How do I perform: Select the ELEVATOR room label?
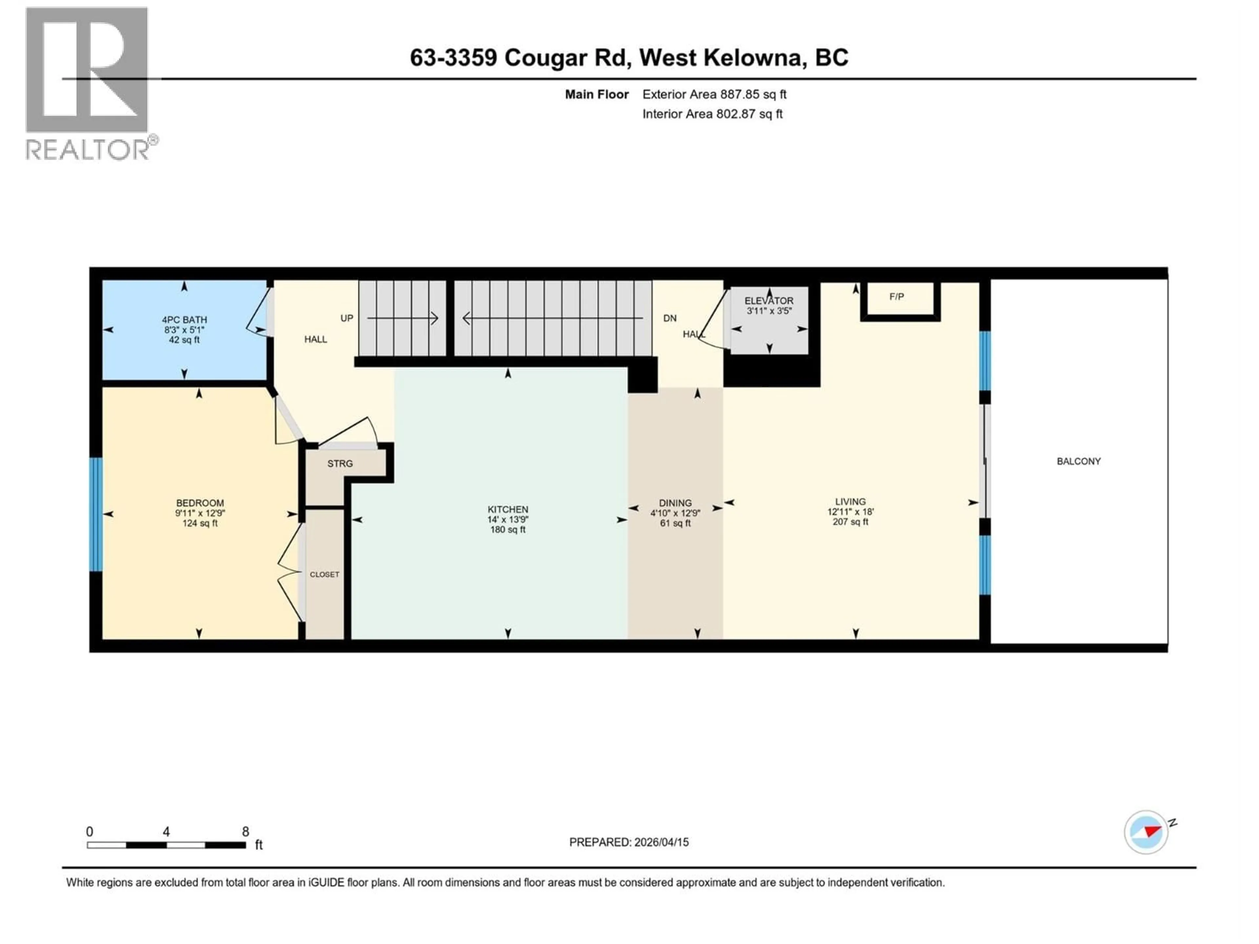tap(769, 301)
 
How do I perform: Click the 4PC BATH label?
tap(184, 320)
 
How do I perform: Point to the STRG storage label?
tap(340, 464)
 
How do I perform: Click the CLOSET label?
tap(325, 575)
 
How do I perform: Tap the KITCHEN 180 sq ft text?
tap(508, 530)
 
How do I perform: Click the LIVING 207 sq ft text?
tap(850, 522)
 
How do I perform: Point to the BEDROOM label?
tap(200, 503)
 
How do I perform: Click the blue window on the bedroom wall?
tap(96, 514)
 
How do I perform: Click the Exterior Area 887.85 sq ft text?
tap(714, 94)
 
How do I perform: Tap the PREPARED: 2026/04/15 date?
tap(629, 842)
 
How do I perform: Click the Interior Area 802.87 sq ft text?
tap(712, 114)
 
